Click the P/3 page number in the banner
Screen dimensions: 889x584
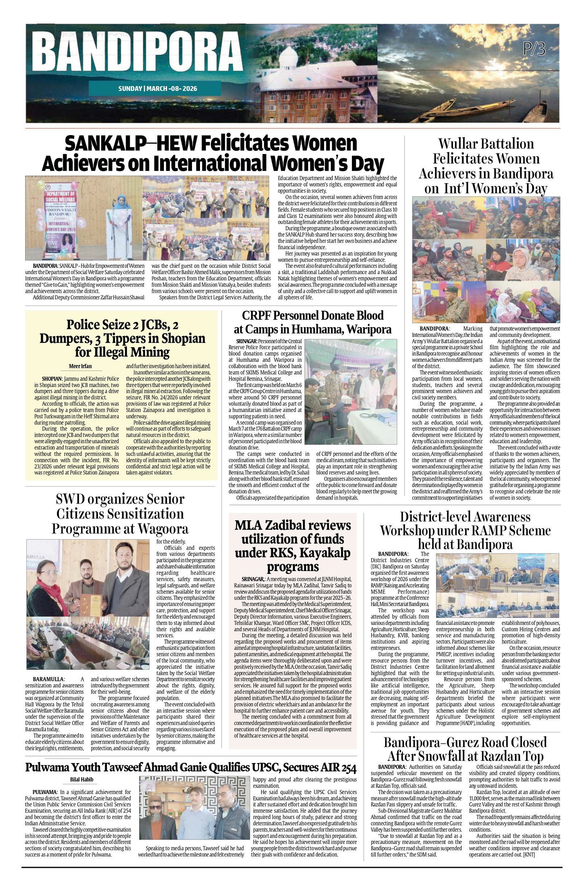534,49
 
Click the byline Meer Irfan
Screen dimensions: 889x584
80,366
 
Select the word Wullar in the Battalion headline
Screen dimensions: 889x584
461,144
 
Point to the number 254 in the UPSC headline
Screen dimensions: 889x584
348,767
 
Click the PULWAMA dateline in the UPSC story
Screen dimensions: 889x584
45,792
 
